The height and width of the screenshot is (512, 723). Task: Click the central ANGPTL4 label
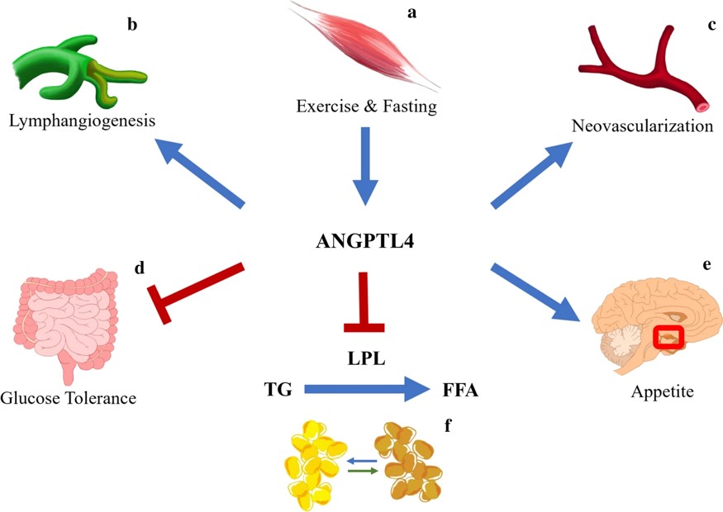[x=362, y=242]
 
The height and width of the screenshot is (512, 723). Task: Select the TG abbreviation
[x=278, y=390]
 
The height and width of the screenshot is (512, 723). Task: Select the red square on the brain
[x=668, y=339]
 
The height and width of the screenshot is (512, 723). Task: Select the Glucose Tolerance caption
[x=68, y=399]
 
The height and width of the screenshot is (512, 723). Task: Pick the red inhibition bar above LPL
[x=362, y=301]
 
